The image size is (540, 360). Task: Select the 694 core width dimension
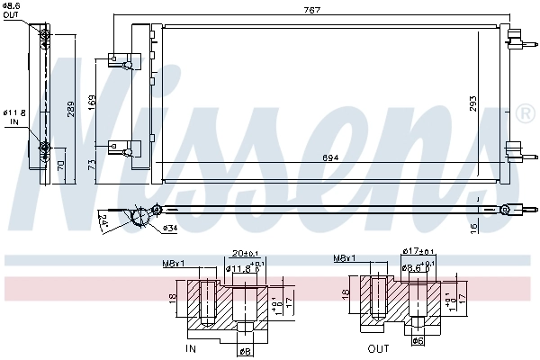pos(331,159)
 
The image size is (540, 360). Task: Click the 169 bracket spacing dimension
pos(92,101)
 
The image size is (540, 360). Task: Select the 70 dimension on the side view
pos(60,165)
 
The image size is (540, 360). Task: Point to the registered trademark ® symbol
pos(526,115)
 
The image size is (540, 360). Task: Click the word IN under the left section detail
pos(190,347)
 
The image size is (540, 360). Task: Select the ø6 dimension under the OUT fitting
pos(417,341)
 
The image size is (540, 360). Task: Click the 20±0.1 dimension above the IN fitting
pos(245,254)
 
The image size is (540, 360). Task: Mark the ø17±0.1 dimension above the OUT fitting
pos(420,252)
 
